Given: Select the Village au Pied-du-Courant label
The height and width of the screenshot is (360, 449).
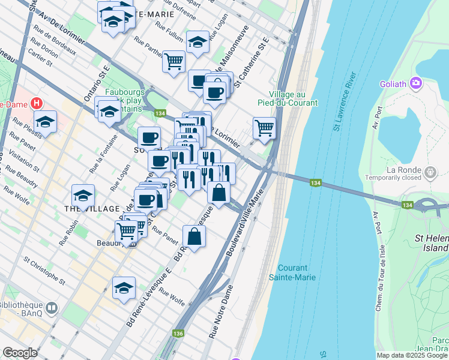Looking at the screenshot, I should point(294,99).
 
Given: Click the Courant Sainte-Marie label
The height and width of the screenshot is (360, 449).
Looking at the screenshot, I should point(297,272).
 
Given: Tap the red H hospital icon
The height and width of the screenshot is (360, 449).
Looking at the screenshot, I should point(38,103).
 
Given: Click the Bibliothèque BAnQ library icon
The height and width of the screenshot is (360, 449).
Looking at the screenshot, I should point(52,308).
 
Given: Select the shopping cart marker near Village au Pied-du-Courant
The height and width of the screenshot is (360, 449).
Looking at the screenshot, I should point(264,128).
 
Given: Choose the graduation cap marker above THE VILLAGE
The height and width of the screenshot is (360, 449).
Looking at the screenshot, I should point(83,194).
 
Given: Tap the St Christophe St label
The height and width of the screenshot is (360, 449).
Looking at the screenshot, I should point(44,270).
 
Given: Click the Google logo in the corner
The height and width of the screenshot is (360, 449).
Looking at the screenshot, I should point(20,353).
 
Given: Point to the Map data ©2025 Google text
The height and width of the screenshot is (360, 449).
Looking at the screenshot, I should point(411,355).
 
